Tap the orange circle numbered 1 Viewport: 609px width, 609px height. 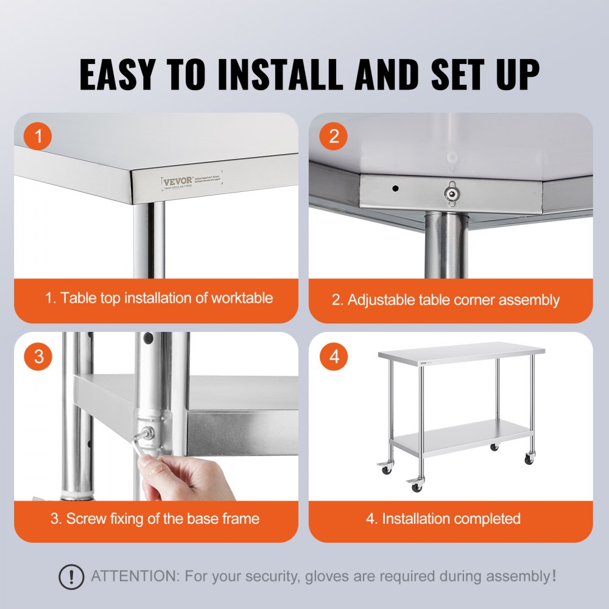tap(38, 136)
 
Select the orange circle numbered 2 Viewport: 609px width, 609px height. tap(334, 136)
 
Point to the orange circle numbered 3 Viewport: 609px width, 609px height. tap(38, 356)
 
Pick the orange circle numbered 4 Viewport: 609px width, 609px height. tap(334, 356)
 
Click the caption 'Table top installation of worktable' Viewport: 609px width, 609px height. tap(159, 298)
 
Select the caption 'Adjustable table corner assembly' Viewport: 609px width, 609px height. tap(445, 300)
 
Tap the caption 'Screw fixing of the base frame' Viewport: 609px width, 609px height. tap(155, 519)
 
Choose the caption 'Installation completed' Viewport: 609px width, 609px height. tap(443, 519)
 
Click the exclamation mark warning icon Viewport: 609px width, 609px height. tap(71, 576)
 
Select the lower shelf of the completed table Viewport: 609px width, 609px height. tap(463, 437)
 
